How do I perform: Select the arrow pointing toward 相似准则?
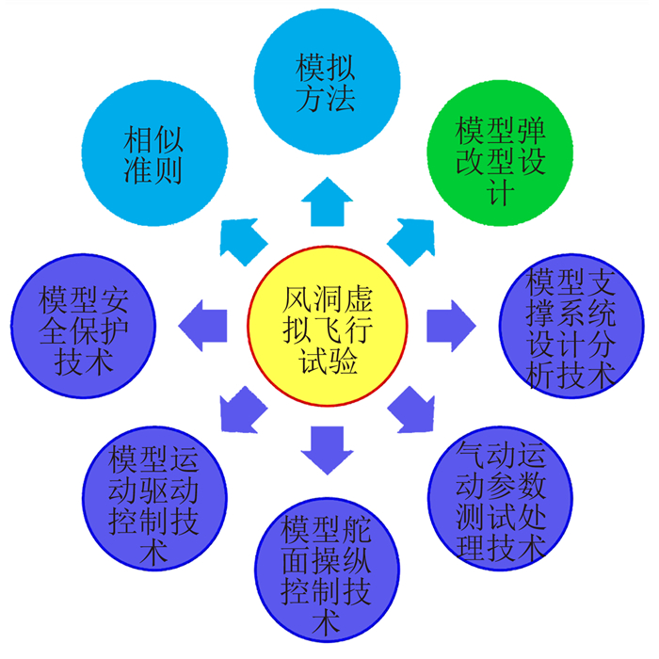click(243, 239)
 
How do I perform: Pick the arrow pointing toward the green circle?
click(411, 239)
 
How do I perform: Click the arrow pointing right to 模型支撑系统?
click(451, 322)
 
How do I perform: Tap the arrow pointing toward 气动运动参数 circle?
click(410, 409)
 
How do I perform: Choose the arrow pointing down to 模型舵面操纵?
click(325, 449)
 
